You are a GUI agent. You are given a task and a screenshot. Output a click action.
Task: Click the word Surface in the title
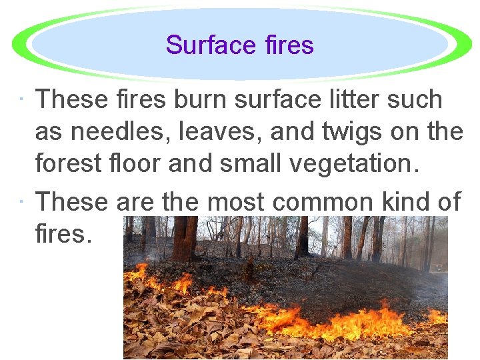(204, 45)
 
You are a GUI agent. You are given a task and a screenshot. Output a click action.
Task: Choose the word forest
(66, 163)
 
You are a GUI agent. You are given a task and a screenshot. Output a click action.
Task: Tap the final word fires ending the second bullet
(61, 233)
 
